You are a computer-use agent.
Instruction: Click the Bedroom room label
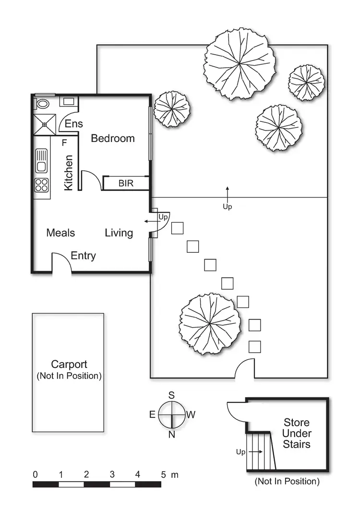click(x=113, y=139)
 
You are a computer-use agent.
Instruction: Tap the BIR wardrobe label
click(x=126, y=183)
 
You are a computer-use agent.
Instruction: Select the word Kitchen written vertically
click(x=69, y=172)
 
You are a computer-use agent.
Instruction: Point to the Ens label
click(x=74, y=124)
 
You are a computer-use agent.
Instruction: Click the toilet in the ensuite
click(x=43, y=103)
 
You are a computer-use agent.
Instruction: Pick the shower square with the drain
click(x=44, y=124)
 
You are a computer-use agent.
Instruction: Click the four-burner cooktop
click(x=42, y=185)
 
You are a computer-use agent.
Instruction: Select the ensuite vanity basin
click(x=68, y=101)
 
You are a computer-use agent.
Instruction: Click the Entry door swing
click(x=61, y=262)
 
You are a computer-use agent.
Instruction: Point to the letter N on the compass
click(x=171, y=435)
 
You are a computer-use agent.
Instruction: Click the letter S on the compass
click(x=171, y=395)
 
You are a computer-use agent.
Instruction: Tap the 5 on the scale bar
click(x=163, y=475)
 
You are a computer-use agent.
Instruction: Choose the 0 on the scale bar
click(x=35, y=475)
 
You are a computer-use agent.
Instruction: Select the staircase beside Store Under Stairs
click(x=260, y=451)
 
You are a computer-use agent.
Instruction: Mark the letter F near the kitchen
click(x=64, y=142)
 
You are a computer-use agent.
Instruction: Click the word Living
click(x=119, y=233)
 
